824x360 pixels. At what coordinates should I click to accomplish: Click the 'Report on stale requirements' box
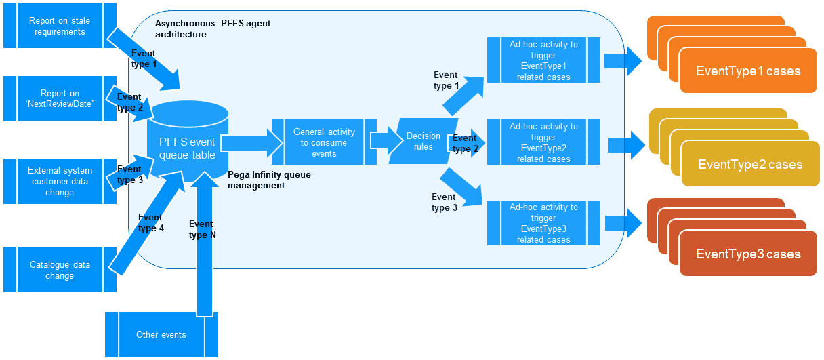tap(60, 26)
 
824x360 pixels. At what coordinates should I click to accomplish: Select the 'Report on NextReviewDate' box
tap(60, 98)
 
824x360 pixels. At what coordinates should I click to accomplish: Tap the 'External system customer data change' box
tap(60, 181)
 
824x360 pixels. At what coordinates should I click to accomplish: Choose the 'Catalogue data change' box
tap(60, 270)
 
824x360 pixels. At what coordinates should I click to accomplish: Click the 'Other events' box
tap(161, 334)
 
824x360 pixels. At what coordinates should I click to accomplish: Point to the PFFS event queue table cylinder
tap(187, 148)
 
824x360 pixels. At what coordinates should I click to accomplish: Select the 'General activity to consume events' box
tap(324, 143)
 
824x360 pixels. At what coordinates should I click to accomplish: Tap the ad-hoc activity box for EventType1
tap(543, 60)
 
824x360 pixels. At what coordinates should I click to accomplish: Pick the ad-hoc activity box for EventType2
tap(543, 142)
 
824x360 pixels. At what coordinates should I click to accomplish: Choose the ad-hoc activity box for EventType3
tap(543, 223)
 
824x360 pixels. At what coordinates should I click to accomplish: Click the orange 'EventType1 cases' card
tap(748, 71)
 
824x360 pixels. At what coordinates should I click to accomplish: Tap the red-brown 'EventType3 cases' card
tap(748, 254)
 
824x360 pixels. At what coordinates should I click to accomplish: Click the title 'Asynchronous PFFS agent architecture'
tap(212, 28)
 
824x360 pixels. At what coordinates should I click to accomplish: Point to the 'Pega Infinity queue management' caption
tap(269, 180)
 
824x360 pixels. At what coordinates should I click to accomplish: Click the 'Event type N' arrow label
tap(202, 229)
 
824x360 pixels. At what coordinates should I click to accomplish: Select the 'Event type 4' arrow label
tap(150, 222)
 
